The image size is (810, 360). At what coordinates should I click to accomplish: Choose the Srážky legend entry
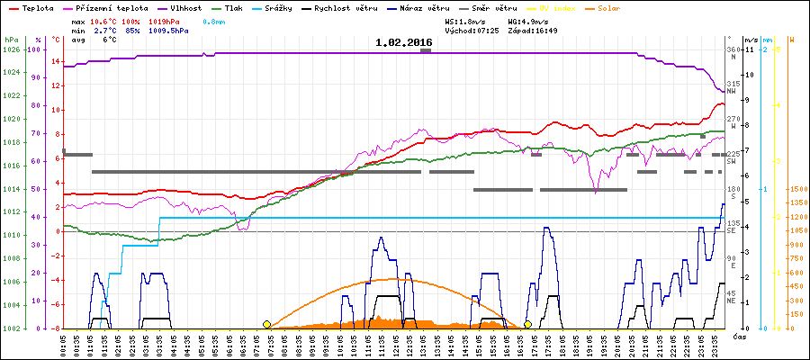click(x=294, y=7)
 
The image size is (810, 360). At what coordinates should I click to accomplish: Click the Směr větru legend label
click(x=494, y=7)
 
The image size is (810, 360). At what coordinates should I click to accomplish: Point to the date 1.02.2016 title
click(x=404, y=42)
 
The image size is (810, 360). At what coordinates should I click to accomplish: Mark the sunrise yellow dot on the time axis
click(x=266, y=324)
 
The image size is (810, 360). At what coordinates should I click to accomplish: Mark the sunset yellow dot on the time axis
click(x=527, y=324)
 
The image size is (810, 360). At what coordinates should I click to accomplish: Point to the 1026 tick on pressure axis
click(x=11, y=49)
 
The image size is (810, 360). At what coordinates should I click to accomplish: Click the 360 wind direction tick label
click(x=733, y=49)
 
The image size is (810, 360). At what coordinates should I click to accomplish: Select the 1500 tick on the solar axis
click(x=796, y=189)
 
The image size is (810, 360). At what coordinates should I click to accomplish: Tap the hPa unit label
click(x=11, y=40)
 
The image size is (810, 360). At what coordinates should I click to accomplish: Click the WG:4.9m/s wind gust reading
click(x=527, y=20)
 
